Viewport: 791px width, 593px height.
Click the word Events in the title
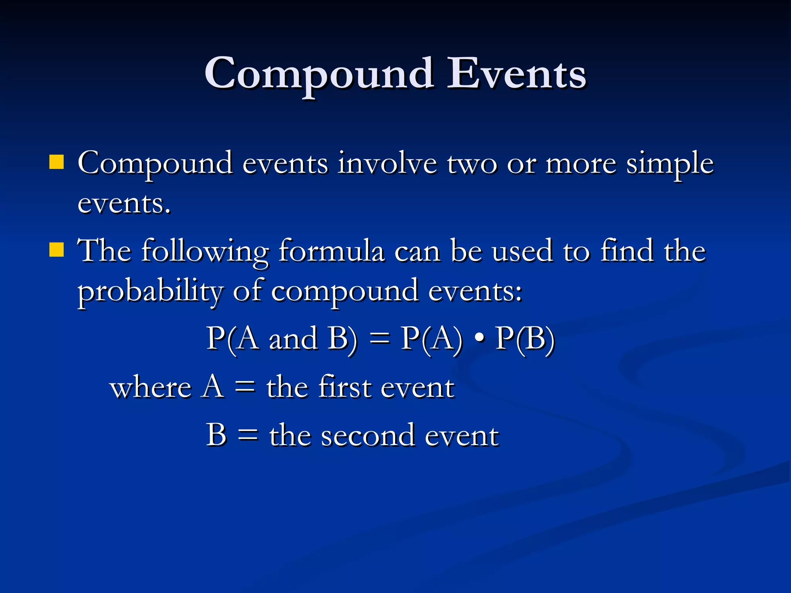(x=516, y=73)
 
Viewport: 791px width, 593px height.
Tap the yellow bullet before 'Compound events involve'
(x=56, y=163)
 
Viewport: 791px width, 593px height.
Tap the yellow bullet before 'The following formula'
(x=56, y=250)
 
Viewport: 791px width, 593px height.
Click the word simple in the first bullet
(x=670, y=164)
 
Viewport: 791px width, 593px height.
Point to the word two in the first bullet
(x=472, y=164)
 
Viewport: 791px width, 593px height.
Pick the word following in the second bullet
(x=205, y=252)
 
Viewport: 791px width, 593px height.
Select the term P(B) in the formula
(x=525, y=339)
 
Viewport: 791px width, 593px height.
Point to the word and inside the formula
(x=293, y=339)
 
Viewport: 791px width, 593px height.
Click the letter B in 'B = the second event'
(x=216, y=435)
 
